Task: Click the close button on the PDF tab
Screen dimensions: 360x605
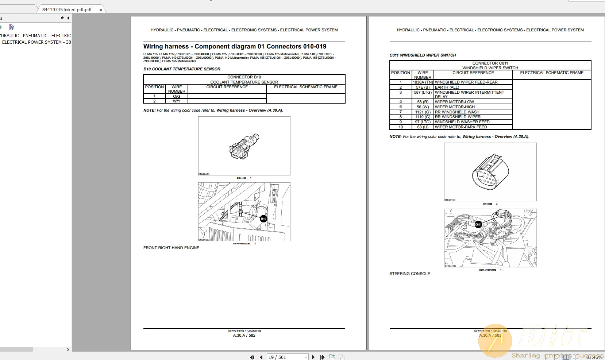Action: point(101,10)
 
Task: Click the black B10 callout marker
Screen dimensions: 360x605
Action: point(263,219)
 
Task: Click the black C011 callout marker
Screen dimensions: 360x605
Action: point(478,225)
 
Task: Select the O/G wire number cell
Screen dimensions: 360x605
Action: point(177,96)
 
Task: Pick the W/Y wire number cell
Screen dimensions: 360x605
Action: point(177,101)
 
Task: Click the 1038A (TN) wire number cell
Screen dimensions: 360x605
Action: point(423,82)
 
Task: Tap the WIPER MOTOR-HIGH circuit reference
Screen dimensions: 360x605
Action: point(455,107)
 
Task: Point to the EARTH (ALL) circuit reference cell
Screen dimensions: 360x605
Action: point(447,88)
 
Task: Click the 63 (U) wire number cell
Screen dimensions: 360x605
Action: point(423,127)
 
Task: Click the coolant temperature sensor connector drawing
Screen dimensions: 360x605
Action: point(244,146)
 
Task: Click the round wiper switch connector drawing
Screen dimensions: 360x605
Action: point(490,172)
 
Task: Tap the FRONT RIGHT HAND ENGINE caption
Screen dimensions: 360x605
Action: point(171,248)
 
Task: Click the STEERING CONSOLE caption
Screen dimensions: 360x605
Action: point(409,274)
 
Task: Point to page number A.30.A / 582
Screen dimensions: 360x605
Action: point(244,336)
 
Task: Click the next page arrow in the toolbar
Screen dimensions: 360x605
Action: point(313,357)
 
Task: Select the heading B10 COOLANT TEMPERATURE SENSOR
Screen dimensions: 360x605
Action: point(182,69)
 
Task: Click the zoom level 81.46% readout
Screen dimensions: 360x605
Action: point(594,357)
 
